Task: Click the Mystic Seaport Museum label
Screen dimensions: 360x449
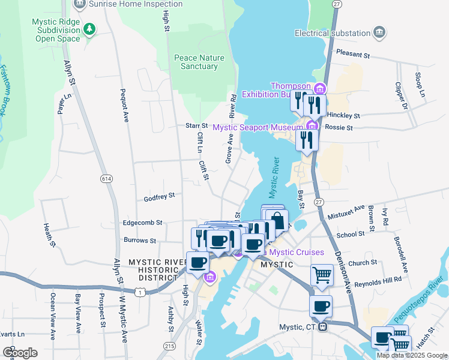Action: [258, 127]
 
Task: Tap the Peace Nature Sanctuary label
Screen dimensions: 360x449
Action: [199, 62]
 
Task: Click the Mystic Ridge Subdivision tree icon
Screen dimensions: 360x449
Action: [89, 29]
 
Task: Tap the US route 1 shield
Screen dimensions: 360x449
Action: [139, 292]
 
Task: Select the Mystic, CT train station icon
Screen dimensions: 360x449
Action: [323, 327]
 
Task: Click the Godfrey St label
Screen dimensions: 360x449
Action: [159, 196]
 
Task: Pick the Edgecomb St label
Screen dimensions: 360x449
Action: [142, 222]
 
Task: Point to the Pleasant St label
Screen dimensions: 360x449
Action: [352, 54]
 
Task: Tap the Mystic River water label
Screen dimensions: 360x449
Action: [274, 178]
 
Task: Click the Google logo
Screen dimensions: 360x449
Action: [20, 353]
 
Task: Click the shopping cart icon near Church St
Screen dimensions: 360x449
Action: [322, 275]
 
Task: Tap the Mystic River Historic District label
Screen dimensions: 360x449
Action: [157, 268]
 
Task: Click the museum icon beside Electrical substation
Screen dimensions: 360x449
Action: [379, 32]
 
